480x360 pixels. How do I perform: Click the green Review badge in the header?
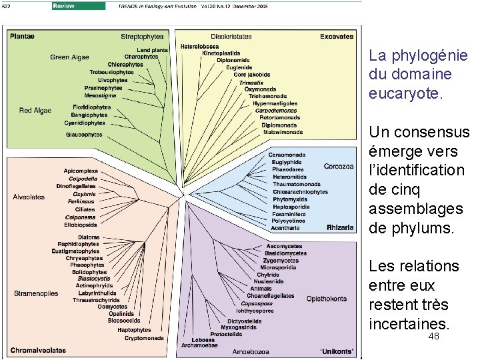point(78,6)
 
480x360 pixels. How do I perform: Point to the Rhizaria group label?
point(340,227)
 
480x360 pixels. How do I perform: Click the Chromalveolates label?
point(37,349)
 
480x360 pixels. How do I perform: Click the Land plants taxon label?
point(153,49)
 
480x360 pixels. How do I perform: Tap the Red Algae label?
point(35,110)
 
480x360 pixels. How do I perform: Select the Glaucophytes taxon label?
point(85,134)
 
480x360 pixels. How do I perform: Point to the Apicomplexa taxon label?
point(80,171)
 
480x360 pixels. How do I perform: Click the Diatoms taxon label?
point(89,237)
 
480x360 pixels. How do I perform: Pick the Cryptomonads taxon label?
point(144,338)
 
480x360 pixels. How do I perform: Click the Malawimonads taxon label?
point(283,132)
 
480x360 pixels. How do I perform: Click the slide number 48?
point(433,337)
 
